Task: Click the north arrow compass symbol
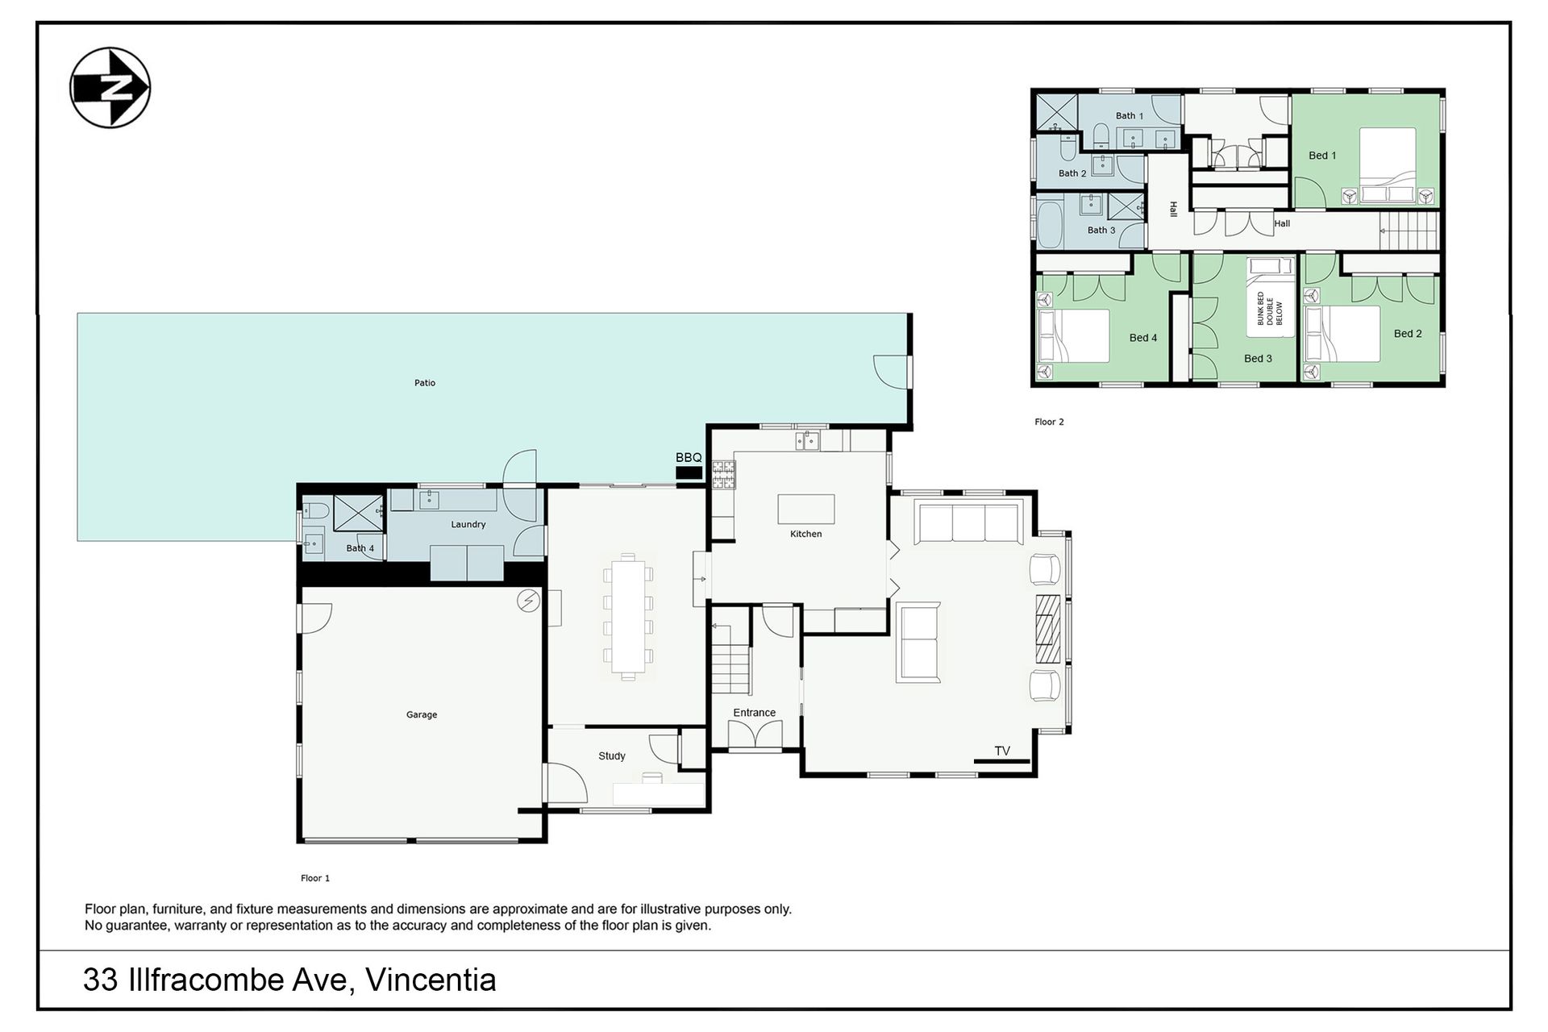pos(110,87)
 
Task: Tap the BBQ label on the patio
pos(689,458)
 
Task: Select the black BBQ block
pos(689,473)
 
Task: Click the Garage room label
pos(422,714)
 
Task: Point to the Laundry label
pos(468,524)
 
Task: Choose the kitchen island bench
pos(806,510)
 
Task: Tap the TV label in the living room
pos(1002,751)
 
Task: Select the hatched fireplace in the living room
pos(1047,629)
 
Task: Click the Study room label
pos(612,755)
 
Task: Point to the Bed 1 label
pos(1322,156)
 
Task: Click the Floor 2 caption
pos(1050,422)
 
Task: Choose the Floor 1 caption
pos(315,878)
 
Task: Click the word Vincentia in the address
pos(431,980)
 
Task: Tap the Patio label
pos(425,383)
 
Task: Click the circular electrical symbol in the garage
pos(528,601)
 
